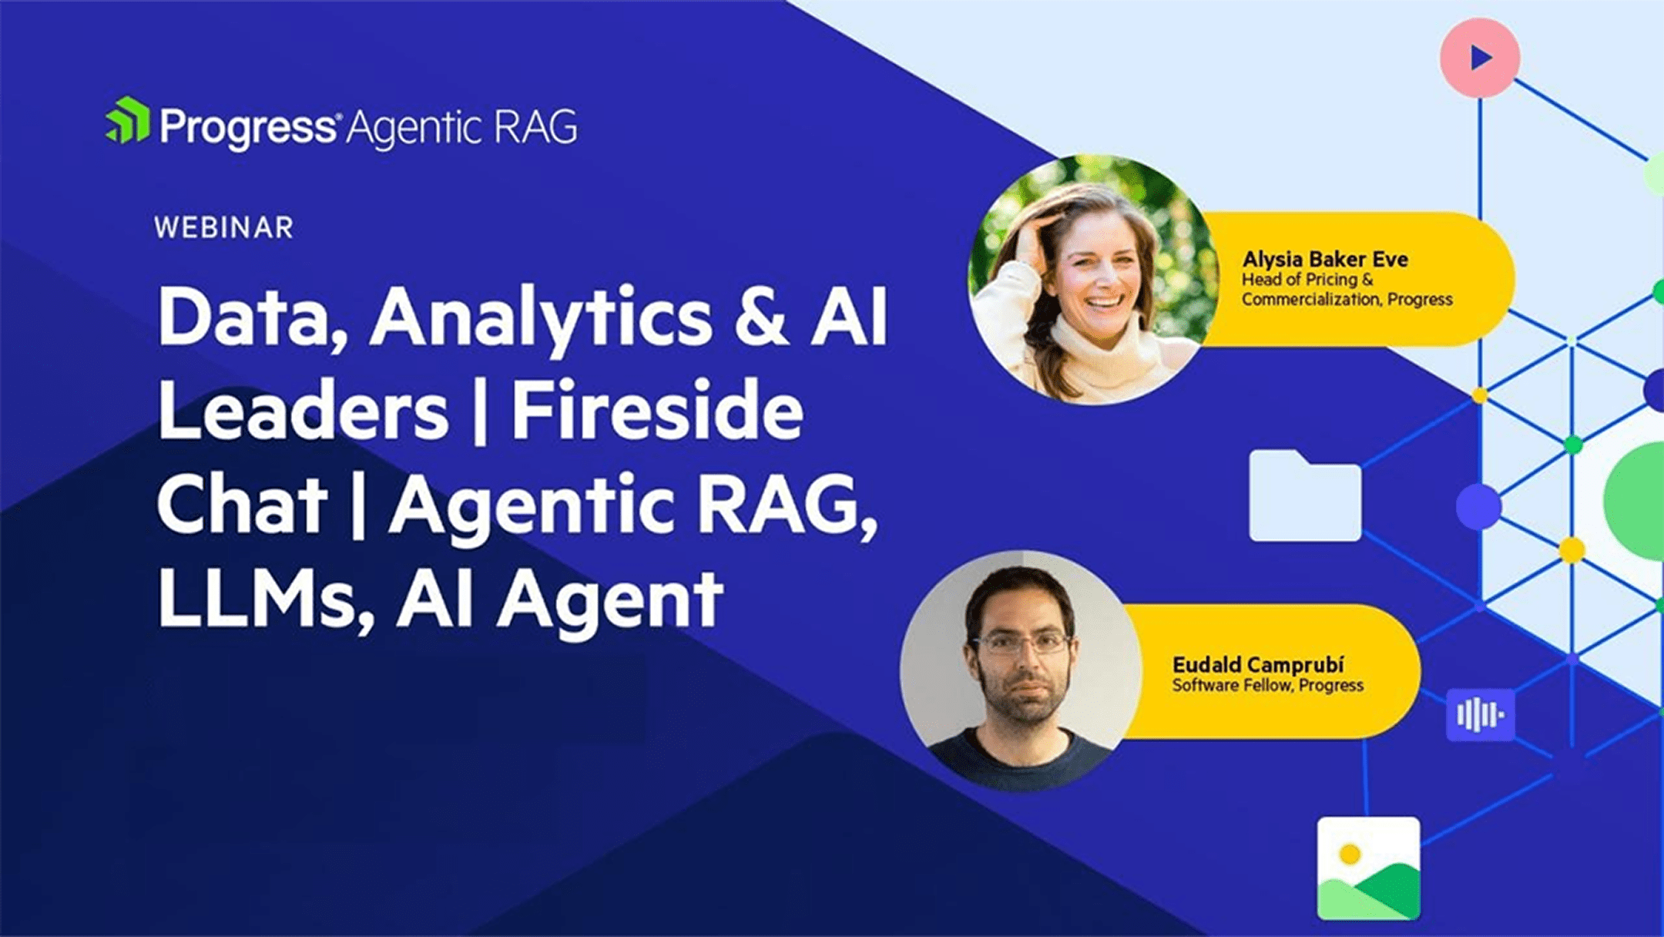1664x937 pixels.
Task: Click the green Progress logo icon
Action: click(128, 120)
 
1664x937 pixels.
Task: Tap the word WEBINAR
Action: click(224, 228)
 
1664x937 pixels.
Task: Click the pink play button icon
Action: click(1480, 58)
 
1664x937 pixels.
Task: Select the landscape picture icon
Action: click(1368, 868)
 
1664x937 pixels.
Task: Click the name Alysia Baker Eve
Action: click(1325, 259)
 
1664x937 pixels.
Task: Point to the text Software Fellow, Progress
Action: click(1268, 685)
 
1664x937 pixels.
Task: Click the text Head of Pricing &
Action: click(1307, 279)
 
